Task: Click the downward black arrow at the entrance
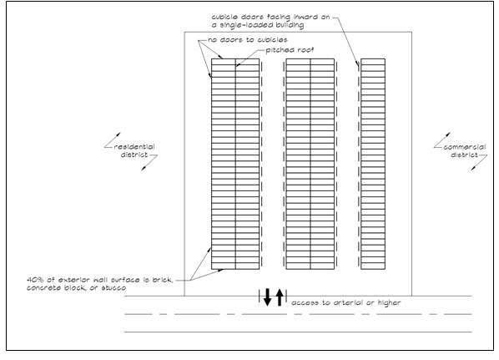click(x=268, y=297)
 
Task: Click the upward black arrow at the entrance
click(x=280, y=297)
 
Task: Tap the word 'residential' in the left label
click(x=134, y=147)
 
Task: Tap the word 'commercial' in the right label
click(x=465, y=147)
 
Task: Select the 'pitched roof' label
click(x=290, y=50)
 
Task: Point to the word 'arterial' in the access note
click(x=348, y=302)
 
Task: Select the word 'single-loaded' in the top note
click(x=244, y=25)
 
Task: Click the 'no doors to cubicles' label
click(x=248, y=40)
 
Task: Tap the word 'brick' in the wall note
click(x=162, y=280)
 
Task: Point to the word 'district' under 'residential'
click(x=134, y=155)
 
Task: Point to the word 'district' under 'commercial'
click(x=464, y=155)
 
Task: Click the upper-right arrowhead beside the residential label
click(x=118, y=134)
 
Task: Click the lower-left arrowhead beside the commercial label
click(x=473, y=168)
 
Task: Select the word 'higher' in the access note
click(x=389, y=302)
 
